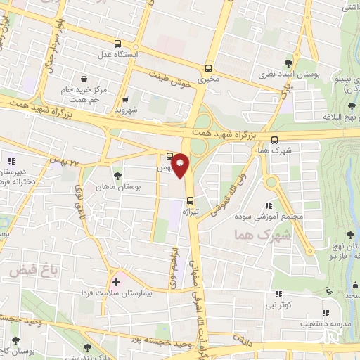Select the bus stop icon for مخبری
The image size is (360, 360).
tap(207, 68)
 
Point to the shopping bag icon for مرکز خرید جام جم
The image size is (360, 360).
tap(85, 79)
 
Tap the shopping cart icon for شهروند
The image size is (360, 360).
tap(126, 100)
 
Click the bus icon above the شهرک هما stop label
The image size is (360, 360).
tap(274, 139)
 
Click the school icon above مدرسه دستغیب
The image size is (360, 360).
tap(324, 313)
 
